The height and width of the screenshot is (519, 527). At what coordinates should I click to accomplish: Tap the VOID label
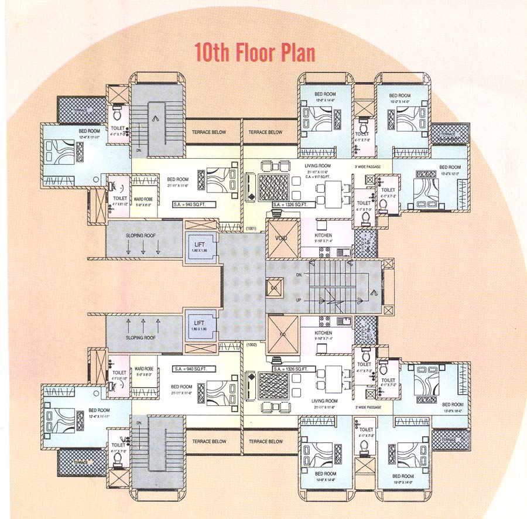(282, 238)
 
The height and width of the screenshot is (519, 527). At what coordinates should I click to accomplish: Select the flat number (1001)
(252, 228)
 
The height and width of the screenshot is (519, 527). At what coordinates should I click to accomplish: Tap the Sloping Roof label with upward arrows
(141, 338)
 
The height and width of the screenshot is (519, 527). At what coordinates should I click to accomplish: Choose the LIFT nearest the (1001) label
(199, 245)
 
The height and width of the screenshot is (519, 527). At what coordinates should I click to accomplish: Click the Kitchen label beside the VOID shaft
(323, 235)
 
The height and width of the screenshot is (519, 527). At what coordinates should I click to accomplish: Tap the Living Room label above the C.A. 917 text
(318, 166)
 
